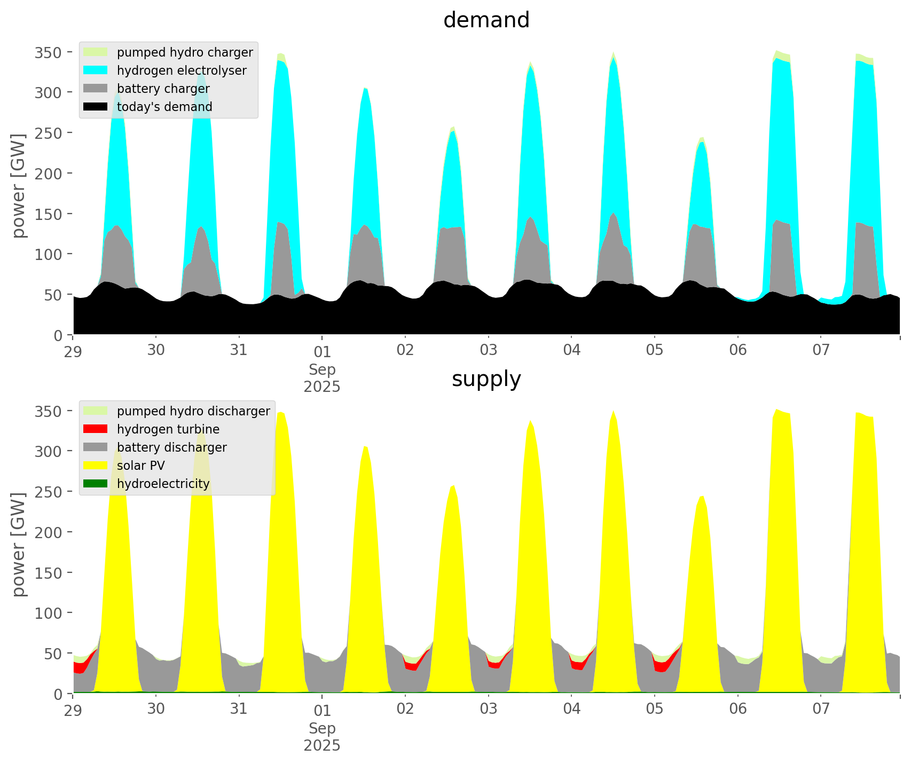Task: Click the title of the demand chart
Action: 486,20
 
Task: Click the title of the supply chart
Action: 486,379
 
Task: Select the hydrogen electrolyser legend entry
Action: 182,70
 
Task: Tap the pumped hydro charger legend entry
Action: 184,52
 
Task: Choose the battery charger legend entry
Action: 163,89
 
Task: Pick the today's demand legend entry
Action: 164,107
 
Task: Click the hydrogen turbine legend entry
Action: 168,429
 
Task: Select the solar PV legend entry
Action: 140,466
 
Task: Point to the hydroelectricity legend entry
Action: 163,484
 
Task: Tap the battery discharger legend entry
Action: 171,447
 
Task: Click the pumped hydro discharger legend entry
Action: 193,411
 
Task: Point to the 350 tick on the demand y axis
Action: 49,52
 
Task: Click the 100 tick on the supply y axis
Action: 49,613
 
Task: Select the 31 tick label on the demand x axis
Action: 239,351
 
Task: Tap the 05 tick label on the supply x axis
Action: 655,710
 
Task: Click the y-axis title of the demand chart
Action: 19,186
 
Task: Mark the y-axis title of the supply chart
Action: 19,545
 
